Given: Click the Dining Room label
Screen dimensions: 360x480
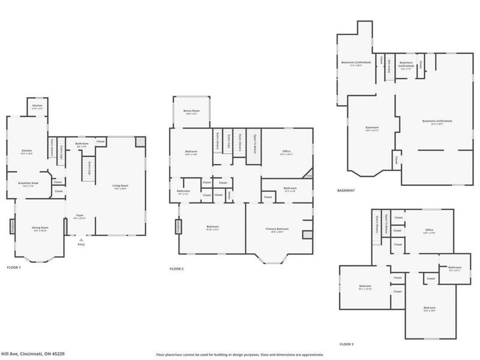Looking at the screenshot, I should [40, 229].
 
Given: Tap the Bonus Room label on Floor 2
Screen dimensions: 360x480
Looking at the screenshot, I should [192, 112].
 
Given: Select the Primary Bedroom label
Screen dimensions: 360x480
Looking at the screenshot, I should [277, 229].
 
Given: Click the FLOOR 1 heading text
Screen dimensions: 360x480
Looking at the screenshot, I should [14, 267].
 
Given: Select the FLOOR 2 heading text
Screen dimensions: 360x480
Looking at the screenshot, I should [176, 269].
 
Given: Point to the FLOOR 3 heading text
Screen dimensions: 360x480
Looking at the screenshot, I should [347, 344].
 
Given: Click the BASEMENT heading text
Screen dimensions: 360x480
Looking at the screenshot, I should [346, 191].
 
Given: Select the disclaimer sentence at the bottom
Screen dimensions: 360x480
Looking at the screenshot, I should [240, 354].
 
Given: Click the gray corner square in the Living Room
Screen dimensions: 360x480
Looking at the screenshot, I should [140, 142].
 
